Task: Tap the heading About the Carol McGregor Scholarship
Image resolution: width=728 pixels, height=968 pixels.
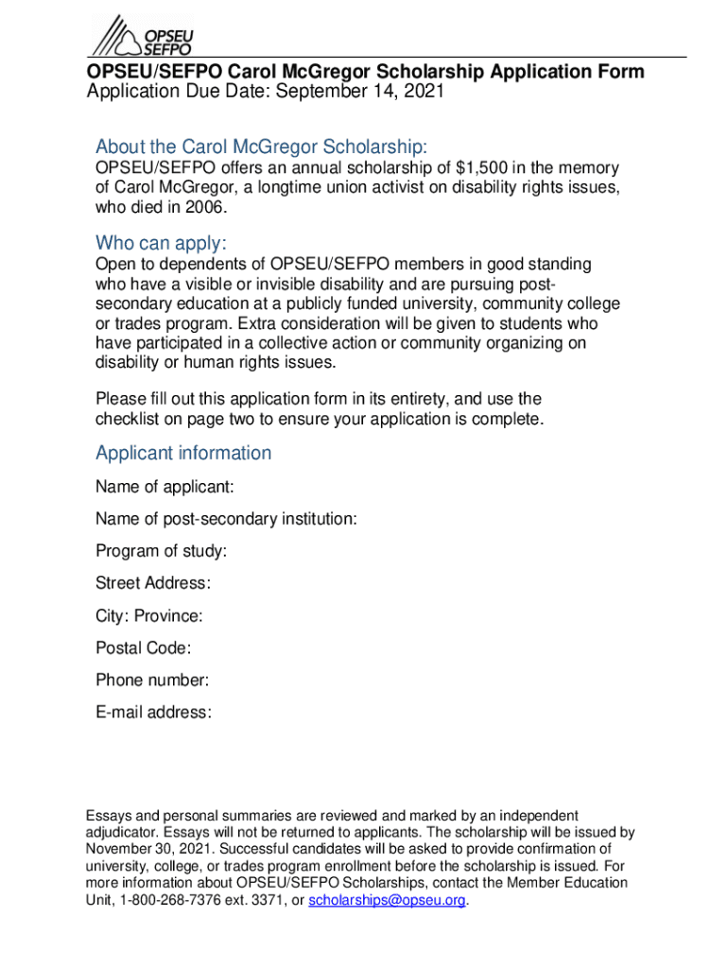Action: [x=262, y=147]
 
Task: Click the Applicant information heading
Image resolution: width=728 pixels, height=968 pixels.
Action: [x=183, y=453]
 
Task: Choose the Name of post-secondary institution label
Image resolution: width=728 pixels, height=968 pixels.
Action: [x=226, y=520]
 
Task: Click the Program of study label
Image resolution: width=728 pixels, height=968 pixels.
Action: [x=161, y=552]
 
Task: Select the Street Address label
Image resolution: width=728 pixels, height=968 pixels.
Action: [x=153, y=583]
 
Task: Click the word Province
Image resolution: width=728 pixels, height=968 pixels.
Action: [x=168, y=616]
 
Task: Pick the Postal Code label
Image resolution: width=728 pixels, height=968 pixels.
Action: [x=143, y=648]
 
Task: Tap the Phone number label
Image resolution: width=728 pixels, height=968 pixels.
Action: [x=152, y=681]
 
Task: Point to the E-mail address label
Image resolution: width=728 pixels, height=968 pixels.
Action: [x=153, y=713]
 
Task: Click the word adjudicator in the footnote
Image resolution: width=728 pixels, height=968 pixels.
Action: [x=122, y=833]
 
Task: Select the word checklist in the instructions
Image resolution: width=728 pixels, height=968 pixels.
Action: [x=130, y=419]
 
